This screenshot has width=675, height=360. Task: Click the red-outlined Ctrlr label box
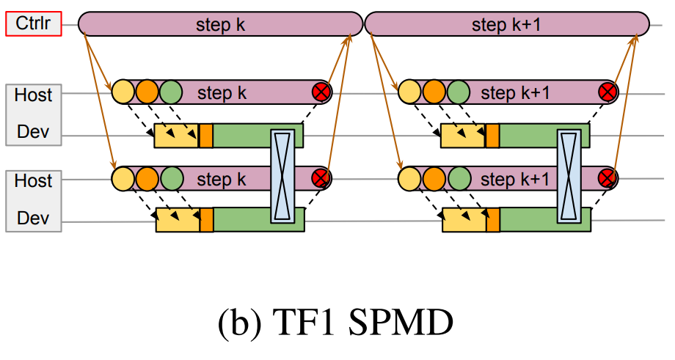pyautogui.click(x=32, y=25)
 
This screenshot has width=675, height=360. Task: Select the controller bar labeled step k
pyautogui.click(x=220, y=25)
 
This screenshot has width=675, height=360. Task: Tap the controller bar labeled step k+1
pyautogui.click(x=506, y=25)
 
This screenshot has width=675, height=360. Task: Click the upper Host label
pyautogui.click(x=33, y=95)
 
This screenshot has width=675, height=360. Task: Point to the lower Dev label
pyautogui.click(x=33, y=218)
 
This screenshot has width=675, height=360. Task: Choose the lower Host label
pyautogui.click(x=33, y=180)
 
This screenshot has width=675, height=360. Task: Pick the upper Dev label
pyautogui.click(x=33, y=134)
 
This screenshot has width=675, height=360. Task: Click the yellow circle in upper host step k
pyautogui.click(x=123, y=92)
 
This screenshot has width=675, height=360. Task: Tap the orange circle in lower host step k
pyautogui.click(x=147, y=178)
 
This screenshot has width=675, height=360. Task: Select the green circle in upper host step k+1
pyautogui.click(x=458, y=92)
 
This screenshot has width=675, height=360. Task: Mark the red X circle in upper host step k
pyautogui.click(x=321, y=92)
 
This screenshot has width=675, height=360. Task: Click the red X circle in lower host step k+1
pyautogui.click(x=607, y=178)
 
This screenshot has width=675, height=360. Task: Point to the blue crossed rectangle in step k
pyautogui.click(x=282, y=176)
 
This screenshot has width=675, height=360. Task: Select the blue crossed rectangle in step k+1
pyautogui.click(x=569, y=176)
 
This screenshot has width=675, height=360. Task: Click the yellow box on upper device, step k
pyautogui.click(x=176, y=136)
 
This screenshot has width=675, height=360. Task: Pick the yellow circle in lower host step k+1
pyautogui.click(x=409, y=178)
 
